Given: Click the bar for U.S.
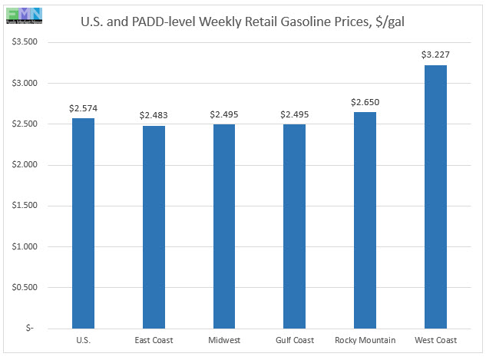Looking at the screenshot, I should tap(83, 223).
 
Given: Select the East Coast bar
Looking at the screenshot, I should tap(153, 226).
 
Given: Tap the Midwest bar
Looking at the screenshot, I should tap(223, 226).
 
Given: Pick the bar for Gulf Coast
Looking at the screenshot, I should tap(294, 226).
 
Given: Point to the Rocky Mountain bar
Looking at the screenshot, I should tap(365, 220).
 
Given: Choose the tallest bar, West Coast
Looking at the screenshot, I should tap(435, 197).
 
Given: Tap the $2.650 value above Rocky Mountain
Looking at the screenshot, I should tap(365, 101).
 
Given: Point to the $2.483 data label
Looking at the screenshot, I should tap(154, 115).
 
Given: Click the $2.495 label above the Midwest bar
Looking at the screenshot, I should tap(223, 114).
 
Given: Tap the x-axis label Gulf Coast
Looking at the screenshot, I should tap(294, 340).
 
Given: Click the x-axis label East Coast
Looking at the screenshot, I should tap(153, 340).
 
